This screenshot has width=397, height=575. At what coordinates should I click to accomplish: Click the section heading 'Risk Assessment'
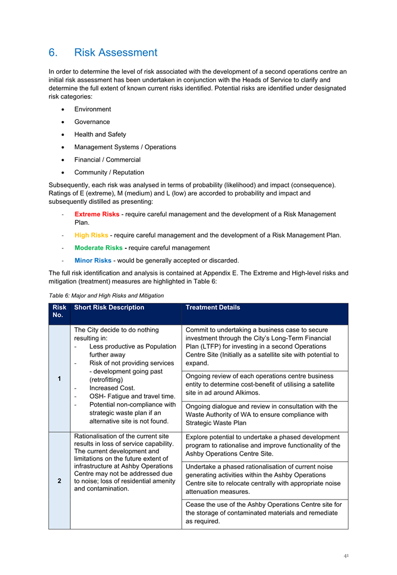pyautogui.click(x=115, y=52)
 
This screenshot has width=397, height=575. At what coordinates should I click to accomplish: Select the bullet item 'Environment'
pyautogui.click(x=92, y=109)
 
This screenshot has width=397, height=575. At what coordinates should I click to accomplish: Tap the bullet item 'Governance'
pyautogui.click(x=92, y=122)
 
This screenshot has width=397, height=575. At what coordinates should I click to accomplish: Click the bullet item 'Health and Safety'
pyautogui.click(x=100, y=135)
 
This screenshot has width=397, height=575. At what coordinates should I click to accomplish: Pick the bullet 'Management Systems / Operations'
pyautogui.click(x=125, y=147)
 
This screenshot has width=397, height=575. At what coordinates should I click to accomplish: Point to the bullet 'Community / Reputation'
pyautogui.click(x=109, y=172)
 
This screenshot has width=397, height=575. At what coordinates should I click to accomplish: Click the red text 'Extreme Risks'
pyautogui.click(x=97, y=215)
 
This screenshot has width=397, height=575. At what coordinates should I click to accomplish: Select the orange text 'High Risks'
pyautogui.click(x=91, y=235)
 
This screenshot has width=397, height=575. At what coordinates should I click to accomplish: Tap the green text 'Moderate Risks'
pyautogui.click(x=98, y=248)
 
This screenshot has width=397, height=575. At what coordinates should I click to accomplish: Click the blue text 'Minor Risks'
pyautogui.click(x=93, y=260)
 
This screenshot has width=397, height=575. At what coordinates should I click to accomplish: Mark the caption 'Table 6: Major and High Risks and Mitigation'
pyautogui.click(x=106, y=295)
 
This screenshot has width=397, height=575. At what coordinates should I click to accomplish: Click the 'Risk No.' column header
pyautogui.click(x=59, y=312)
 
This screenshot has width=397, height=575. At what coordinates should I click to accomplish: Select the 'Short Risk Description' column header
pyautogui.click(x=109, y=307)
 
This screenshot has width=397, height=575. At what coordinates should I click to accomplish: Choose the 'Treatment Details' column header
pyautogui.click(x=213, y=307)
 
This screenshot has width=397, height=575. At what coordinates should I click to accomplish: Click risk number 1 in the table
pyautogui.click(x=59, y=378)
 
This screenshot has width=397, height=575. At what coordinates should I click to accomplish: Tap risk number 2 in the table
pyautogui.click(x=59, y=480)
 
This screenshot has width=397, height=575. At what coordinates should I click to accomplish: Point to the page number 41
pyautogui.click(x=346, y=555)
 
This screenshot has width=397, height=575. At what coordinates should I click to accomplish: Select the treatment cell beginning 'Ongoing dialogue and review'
pyautogui.click(x=261, y=414)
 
